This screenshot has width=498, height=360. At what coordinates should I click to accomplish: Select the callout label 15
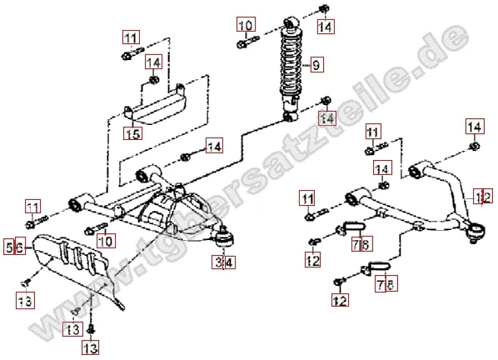[133, 132]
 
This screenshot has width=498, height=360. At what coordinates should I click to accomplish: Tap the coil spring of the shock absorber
[291, 62]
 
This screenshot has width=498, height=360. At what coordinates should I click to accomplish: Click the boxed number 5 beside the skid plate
[9, 246]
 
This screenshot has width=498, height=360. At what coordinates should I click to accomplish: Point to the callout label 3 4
[224, 262]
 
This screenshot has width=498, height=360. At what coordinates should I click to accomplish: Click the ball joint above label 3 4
[225, 238]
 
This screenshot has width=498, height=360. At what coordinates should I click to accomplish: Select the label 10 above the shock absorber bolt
[247, 24]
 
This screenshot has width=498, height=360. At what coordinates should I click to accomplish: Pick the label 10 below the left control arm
[106, 240]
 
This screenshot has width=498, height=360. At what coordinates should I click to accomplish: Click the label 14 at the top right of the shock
[326, 26]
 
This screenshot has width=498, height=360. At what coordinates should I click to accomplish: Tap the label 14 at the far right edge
[475, 127]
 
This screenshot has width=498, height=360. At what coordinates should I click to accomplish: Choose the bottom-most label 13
[91, 347]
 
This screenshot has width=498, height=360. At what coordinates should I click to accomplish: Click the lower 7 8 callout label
[386, 284]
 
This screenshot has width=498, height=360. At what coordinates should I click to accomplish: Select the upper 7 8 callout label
[361, 243]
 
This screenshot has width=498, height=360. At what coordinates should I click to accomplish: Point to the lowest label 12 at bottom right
[340, 300]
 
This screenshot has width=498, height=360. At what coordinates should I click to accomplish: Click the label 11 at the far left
[33, 207]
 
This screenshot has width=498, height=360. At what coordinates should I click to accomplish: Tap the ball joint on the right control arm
[476, 232]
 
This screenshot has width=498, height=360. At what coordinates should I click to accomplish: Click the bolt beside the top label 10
[248, 42]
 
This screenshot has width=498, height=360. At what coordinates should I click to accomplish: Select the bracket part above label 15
[155, 106]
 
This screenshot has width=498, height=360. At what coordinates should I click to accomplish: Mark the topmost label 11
[132, 37]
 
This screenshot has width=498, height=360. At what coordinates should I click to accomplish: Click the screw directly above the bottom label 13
[92, 329]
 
